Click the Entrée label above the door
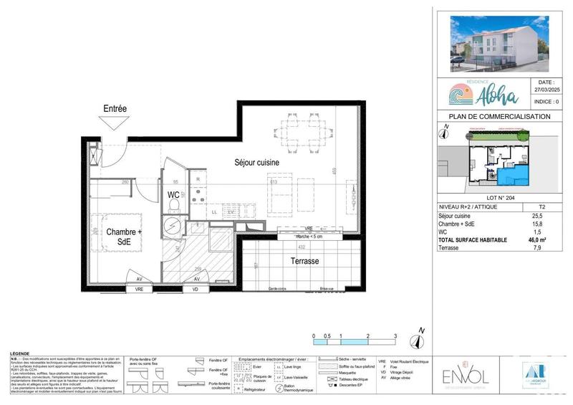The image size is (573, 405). click(x=115, y=108)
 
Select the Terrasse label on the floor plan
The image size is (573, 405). click(x=304, y=262)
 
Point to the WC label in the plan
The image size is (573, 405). click(x=173, y=195)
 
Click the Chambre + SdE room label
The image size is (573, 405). click(x=124, y=237)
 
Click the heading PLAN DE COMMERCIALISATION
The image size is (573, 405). click(x=499, y=116)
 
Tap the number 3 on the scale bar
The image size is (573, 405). click(x=395, y=335)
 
